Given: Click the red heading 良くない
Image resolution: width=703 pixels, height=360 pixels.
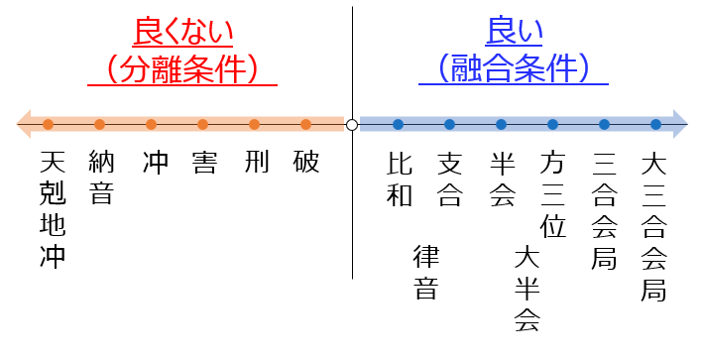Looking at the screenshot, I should (x=182, y=31).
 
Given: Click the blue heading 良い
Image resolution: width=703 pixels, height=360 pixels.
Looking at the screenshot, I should (x=510, y=31).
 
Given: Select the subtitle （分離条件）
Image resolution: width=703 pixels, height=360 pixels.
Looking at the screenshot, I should (x=182, y=68).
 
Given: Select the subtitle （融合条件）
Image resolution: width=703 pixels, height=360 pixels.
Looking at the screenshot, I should (x=510, y=68).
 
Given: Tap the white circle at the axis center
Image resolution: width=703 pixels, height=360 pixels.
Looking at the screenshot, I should (x=351, y=125).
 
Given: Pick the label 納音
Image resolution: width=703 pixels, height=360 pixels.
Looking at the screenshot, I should (x=101, y=177).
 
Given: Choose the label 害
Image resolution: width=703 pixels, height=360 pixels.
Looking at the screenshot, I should (x=204, y=162).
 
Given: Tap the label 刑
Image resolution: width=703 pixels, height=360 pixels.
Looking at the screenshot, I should (x=256, y=162).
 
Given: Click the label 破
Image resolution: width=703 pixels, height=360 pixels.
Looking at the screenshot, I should (x=307, y=162).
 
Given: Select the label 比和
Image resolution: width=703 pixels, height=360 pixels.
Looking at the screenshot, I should (x=399, y=178).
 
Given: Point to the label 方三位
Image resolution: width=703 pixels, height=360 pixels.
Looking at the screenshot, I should (x=553, y=193).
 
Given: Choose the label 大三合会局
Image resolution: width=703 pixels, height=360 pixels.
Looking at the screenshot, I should (x=653, y=225).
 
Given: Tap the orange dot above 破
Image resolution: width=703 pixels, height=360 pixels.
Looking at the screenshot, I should (x=306, y=125).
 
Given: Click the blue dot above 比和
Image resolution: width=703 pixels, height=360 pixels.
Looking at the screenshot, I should (x=398, y=125).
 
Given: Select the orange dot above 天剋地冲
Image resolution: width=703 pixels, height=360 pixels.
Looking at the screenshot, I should (x=48, y=125).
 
